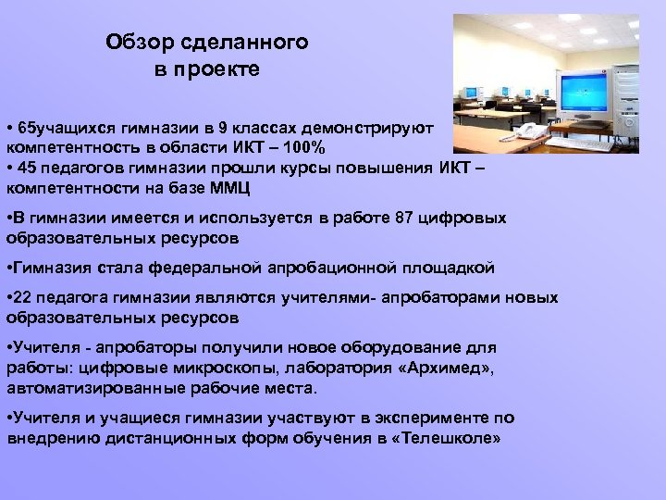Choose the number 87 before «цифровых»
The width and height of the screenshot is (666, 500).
(x=401, y=219)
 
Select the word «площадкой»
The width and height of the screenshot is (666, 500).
(x=448, y=269)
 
